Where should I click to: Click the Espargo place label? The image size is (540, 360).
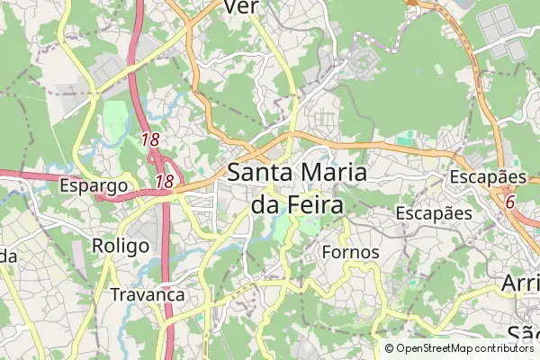coord(93,186)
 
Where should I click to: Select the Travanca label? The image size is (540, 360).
coord(147,294)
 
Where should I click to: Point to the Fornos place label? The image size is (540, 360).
coord(350,252)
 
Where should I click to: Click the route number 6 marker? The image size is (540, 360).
coord(509,202)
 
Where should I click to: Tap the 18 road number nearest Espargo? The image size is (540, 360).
coord(164,182)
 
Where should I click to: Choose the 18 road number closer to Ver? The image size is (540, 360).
coord(149,139)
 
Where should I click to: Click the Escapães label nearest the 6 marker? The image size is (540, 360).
coord(487,176)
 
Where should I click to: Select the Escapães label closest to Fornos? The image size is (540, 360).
coord(434,213)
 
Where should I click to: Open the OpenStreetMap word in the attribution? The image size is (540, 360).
coord(435,348)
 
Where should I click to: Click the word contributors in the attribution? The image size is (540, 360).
coord(504,348)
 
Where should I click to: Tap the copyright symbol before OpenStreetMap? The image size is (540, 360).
coord(390,348)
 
